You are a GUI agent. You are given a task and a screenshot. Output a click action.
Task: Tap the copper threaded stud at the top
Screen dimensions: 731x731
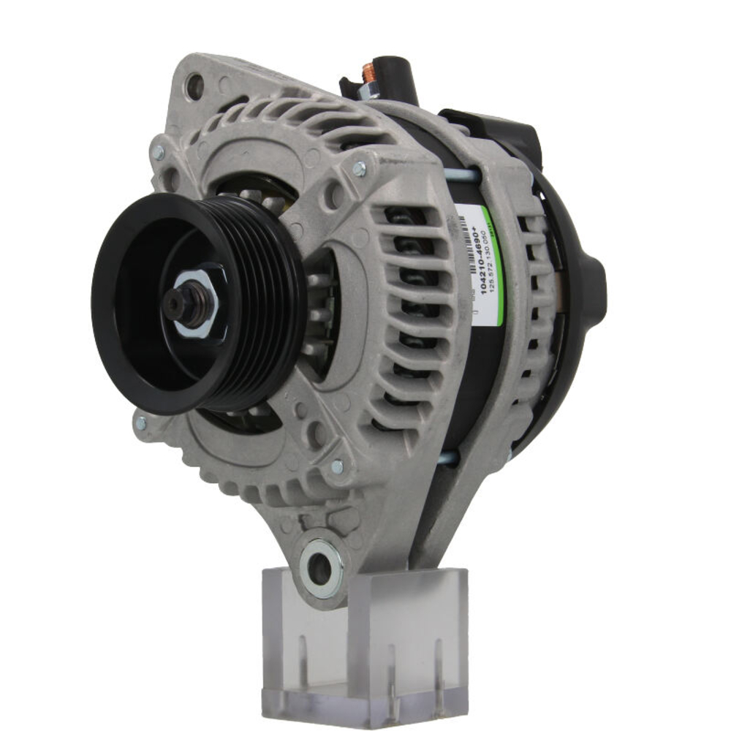click(x=370, y=71)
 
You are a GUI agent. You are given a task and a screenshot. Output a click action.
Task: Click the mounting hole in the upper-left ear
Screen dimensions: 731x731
click(x=194, y=87)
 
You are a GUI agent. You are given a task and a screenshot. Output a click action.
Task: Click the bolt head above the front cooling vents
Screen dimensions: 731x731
click(x=358, y=169)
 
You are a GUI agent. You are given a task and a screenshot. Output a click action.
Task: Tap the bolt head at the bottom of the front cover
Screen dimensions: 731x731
click(x=337, y=466)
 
